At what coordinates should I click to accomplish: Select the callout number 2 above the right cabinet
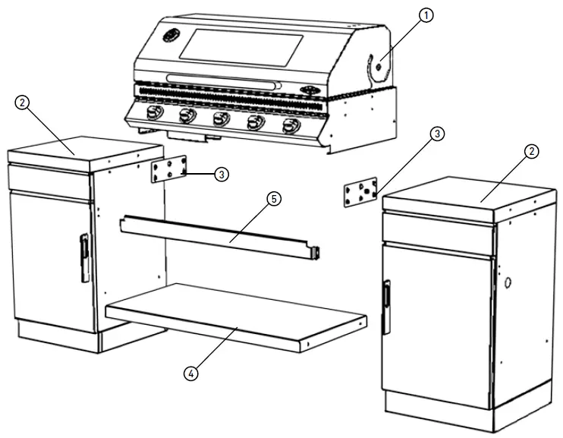coord(532,152)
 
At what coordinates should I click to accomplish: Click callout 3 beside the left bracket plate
coord(221,175)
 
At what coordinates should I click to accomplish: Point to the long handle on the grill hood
coord(225,79)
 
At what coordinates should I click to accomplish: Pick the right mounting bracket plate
coord(360,193)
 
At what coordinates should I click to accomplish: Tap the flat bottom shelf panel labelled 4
coord(235,315)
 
